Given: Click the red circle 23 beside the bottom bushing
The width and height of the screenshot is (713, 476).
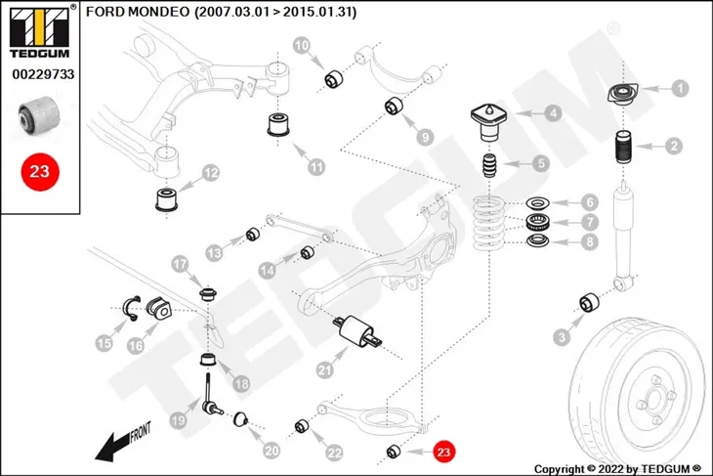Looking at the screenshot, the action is click(x=443, y=452).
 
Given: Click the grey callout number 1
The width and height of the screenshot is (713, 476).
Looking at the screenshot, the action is click(x=680, y=88).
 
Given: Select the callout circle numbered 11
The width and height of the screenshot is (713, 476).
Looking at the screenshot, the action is click(x=316, y=167).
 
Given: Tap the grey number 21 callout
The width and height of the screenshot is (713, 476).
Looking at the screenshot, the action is click(x=324, y=370).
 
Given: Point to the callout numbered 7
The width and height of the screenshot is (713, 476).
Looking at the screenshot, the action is click(x=590, y=222).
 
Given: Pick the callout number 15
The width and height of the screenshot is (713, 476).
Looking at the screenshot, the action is click(x=105, y=343).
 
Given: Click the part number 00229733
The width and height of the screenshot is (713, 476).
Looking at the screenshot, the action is click(x=43, y=74).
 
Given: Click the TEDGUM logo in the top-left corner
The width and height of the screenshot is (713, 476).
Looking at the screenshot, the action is click(x=40, y=32).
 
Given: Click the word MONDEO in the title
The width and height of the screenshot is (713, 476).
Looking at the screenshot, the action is click(x=158, y=12).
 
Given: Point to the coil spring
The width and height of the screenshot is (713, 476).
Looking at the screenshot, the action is click(x=488, y=223).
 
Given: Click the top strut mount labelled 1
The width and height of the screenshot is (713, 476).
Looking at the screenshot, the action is click(x=623, y=94).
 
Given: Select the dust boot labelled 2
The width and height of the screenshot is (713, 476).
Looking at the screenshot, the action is click(x=624, y=149).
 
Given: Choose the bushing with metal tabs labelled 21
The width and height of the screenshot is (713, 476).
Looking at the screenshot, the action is click(x=357, y=331).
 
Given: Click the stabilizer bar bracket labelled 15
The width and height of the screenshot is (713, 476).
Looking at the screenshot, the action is click(x=132, y=308).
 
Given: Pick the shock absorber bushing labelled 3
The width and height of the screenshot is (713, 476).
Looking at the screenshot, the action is click(x=589, y=303).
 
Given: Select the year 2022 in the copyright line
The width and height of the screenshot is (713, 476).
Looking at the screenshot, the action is click(x=611, y=469).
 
